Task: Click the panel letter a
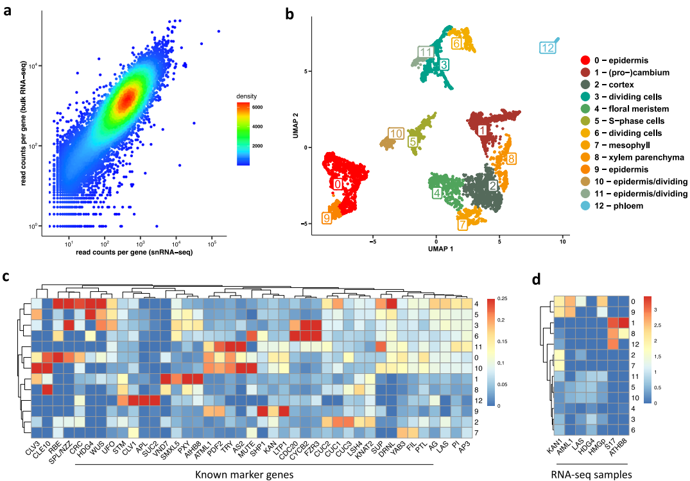click(x=9, y=11)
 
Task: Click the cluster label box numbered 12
click(x=548, y=48)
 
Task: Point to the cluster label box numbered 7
click(x=463, y=224)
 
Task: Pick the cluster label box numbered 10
click(x=396, y=133)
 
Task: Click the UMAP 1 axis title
click(x=434, y=248)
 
